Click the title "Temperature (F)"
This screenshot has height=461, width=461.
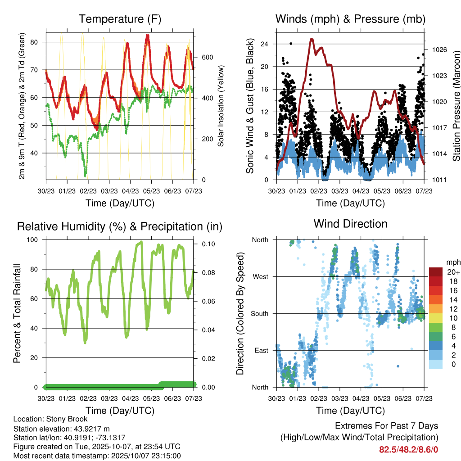pos(120,19)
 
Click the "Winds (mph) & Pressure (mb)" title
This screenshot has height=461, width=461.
pos(350,19)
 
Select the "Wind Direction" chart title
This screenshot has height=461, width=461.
pos(350,224)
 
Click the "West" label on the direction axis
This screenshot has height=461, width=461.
pos(260,276)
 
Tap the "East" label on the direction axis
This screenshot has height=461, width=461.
pos(261,350)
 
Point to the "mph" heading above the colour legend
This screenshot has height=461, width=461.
pos(453,262)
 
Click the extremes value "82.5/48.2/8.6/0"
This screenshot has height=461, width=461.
pos(408,450)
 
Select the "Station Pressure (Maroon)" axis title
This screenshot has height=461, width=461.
pos(456,106)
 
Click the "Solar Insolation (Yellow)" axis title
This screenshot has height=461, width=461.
pos(221,106)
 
